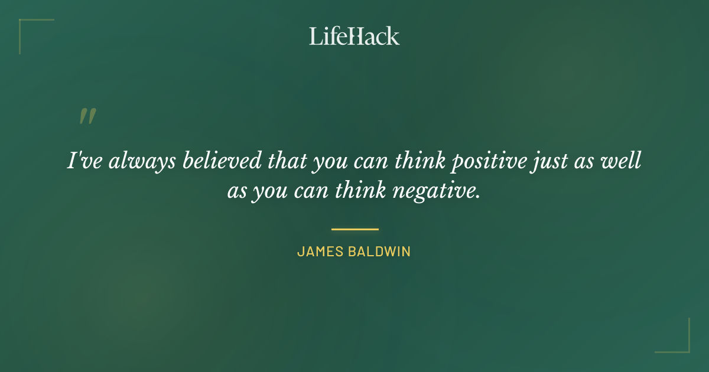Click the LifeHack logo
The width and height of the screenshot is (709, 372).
[x=354, y=36]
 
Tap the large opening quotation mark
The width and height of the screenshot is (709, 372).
[x=87, y=116]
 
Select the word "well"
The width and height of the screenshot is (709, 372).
[x=623, y=161]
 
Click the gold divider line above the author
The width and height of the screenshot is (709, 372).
[x=354, y=229]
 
